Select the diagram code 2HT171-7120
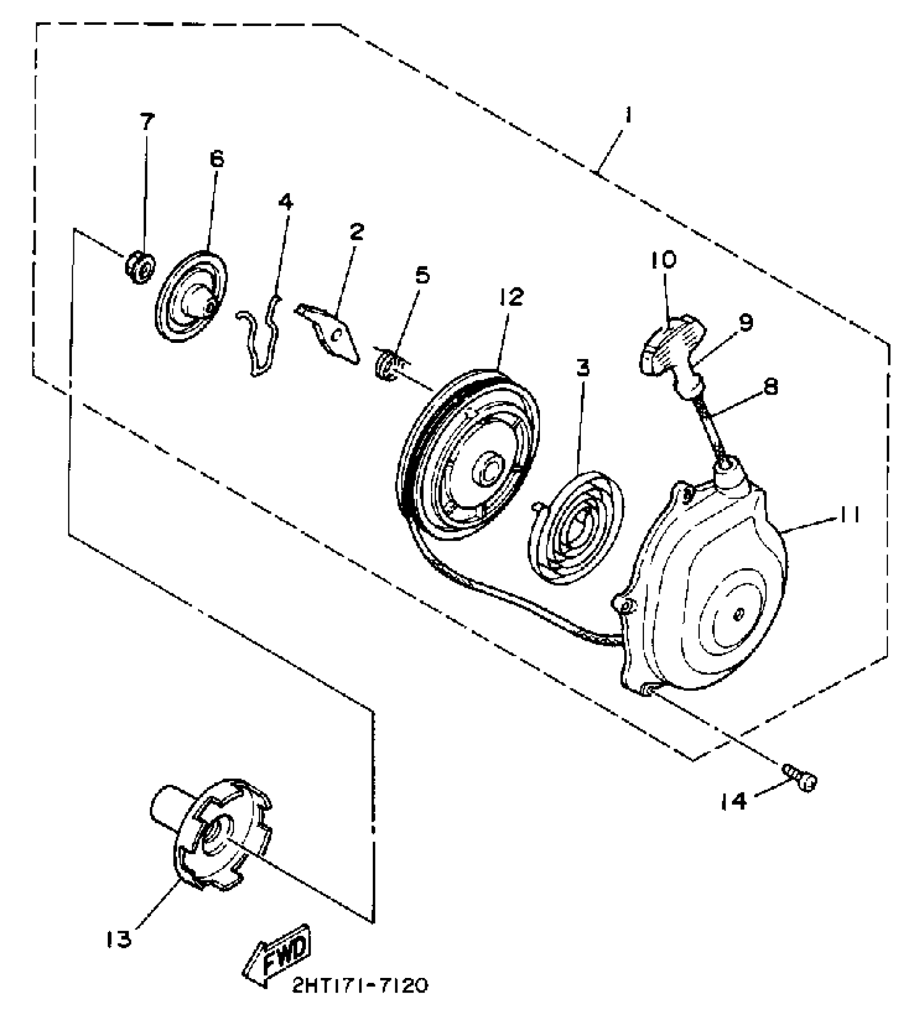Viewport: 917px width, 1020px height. [360, 985]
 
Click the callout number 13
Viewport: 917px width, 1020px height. [118, 940]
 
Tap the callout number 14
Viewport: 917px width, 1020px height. [735, 801]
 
